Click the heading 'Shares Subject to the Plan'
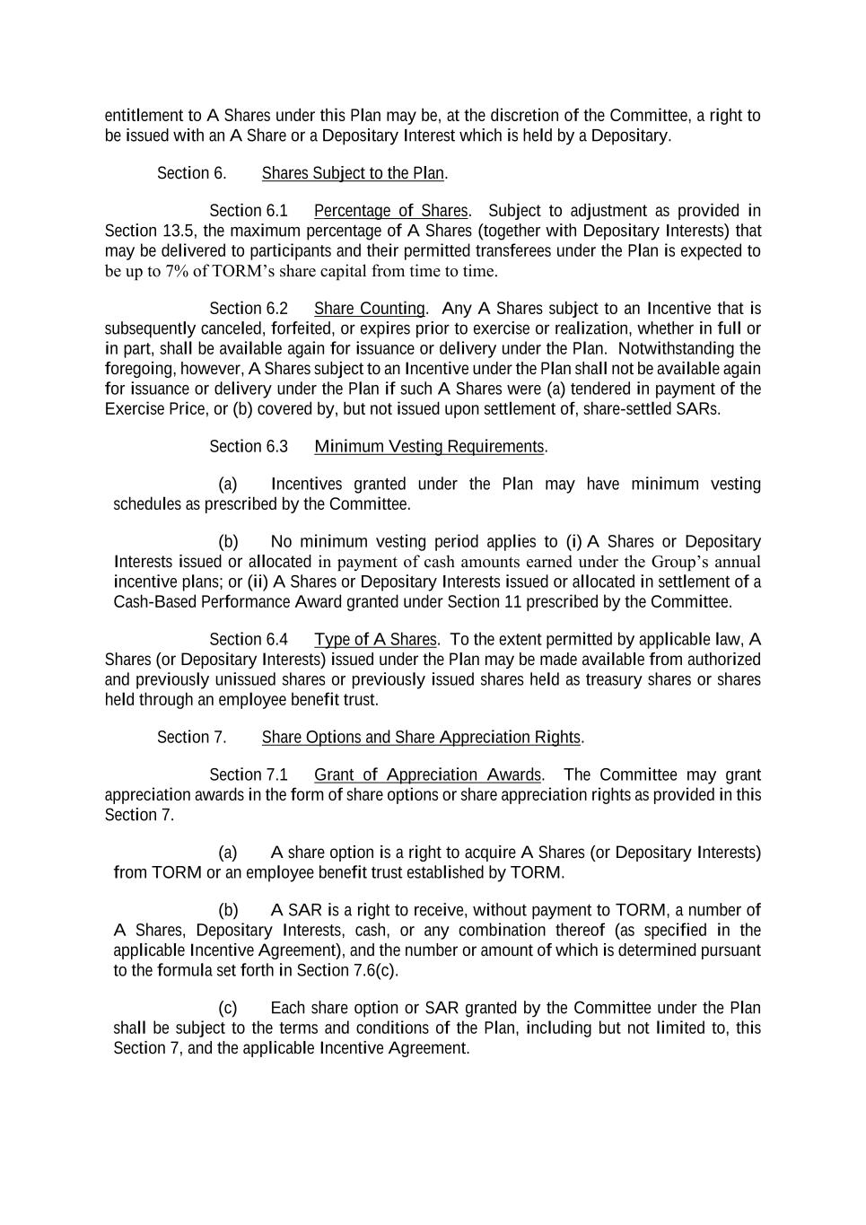click(354, 173)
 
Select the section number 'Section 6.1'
click(249, 211)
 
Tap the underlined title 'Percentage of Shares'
click(390, 211)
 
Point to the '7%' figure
click(175, 271)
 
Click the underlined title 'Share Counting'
click(369, 309)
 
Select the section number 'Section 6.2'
click(249, 309)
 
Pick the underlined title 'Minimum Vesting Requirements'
click(429, 447)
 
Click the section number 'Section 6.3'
click(249, 447)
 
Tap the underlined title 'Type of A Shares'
click(375, 640)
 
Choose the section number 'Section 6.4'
click(249, 640)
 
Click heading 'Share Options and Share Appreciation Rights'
click(421, 738)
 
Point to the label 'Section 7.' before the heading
click(191, 738)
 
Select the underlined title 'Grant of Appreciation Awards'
click(427, 775)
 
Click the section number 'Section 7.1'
click(249, 775)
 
